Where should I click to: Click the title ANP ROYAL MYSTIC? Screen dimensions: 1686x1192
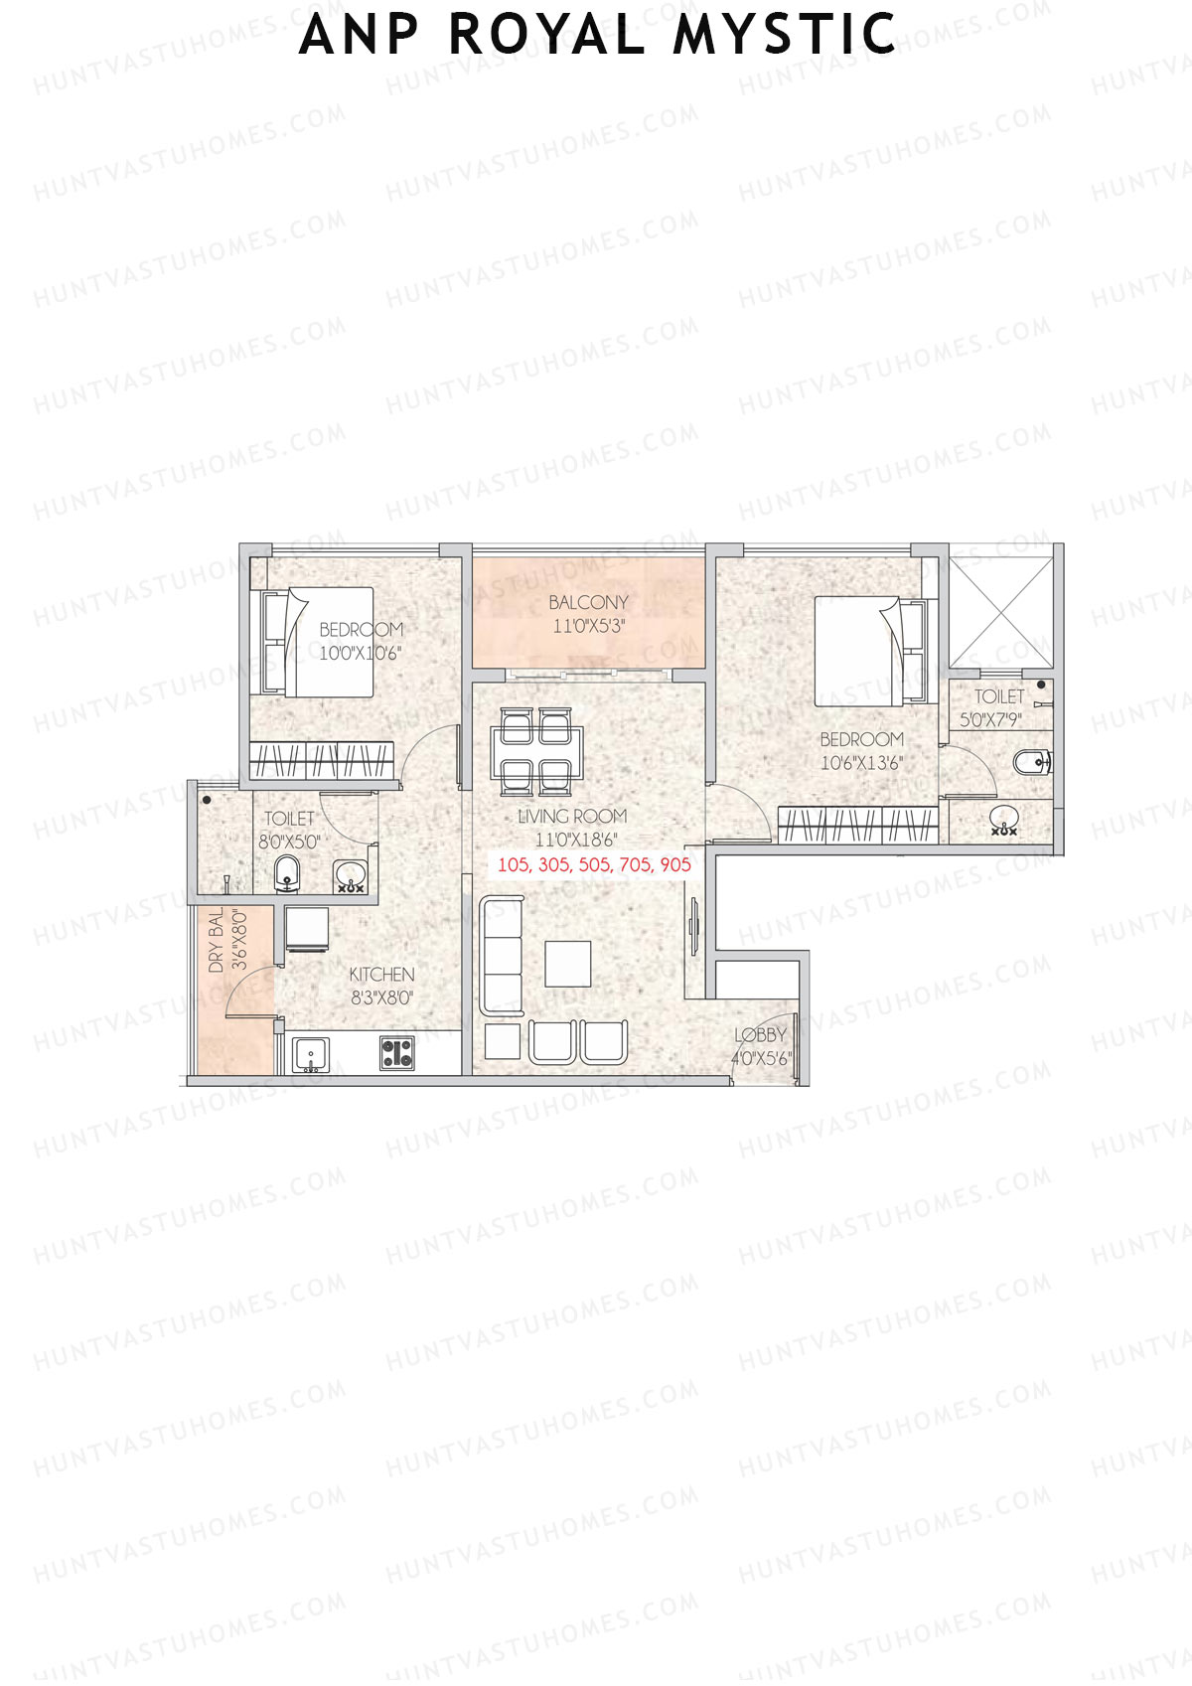[x=598, y=35]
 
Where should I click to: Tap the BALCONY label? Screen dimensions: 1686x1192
[x=588, y=602]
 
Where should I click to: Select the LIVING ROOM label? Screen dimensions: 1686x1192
[x=572, y=816]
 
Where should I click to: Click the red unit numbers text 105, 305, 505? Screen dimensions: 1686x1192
[x=594, y=864]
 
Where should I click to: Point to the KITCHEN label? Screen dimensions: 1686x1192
[x=381, y=975]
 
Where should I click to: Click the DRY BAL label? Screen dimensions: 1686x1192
[x=217, y=941]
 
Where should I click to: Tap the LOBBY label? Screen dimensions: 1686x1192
[x=760, y=1035]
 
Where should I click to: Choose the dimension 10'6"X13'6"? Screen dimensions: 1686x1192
[x=861, y=763]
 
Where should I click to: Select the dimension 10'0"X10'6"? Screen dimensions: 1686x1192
[x=361, y=653]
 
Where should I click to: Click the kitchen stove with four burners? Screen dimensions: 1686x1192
[x=397, y=1053]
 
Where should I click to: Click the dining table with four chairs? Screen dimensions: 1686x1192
[x=536, y=750]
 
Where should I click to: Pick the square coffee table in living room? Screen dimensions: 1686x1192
[x=568, y=964]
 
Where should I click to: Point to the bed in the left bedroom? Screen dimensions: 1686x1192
[x=318, y=641]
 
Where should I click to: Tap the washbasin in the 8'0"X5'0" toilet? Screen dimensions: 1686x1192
[x=350, y=876]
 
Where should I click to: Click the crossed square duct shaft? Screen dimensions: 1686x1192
[x=1000, y=611]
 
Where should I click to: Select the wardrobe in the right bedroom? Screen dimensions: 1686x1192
[x=857, y=825]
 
